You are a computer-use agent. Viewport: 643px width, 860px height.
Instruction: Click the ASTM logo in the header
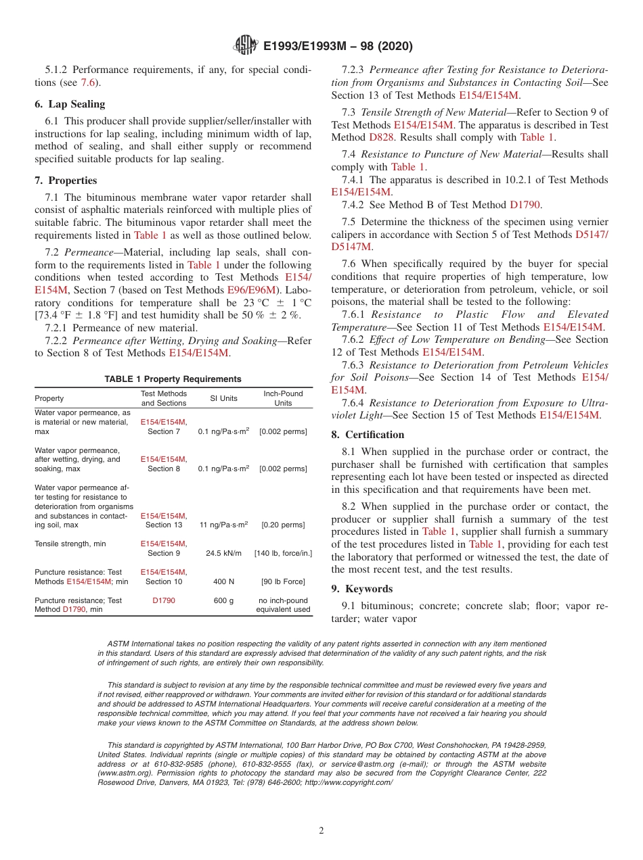pos(245,45)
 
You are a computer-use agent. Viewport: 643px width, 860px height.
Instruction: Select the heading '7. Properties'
pos(66,181)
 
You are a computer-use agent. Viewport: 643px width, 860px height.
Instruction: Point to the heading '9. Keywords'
pos(362,589)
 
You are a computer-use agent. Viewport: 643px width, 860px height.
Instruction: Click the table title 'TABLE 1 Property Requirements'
pos(173,379)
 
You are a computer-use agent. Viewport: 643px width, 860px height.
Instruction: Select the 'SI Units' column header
pos(223,398)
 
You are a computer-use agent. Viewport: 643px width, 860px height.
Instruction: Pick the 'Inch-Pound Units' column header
pos(283,398)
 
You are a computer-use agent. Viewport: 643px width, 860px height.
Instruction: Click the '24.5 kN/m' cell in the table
pos(223,553)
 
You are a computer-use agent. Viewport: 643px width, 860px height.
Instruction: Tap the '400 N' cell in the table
pos(223,581)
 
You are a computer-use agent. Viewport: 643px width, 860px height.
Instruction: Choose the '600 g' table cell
pos(223,600)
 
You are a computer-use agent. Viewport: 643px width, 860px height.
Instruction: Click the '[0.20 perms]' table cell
pos(283,525)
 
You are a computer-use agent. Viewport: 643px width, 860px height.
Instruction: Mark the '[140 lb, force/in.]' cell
pos(283,553)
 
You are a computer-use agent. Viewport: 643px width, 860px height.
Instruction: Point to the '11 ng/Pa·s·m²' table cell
pos(223,525)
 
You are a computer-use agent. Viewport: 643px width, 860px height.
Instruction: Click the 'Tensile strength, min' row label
pos(70,544)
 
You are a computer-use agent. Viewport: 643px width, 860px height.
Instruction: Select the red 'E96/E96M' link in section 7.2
pos(246,290)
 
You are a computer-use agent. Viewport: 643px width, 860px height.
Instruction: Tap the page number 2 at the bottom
pos(321,831)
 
